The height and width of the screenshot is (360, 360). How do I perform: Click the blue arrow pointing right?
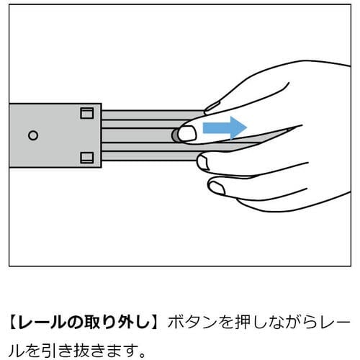225,127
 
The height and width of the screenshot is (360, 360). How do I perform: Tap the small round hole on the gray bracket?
33,135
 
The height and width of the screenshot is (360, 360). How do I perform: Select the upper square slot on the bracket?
86,113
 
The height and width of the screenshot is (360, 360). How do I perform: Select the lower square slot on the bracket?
86,158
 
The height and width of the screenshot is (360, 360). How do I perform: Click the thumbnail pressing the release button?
187,133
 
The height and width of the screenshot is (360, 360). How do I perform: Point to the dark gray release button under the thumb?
175,135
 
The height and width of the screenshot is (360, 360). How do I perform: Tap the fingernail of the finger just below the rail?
203,162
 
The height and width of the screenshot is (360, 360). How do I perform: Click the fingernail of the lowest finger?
217,188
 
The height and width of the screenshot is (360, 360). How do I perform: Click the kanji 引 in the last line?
49,351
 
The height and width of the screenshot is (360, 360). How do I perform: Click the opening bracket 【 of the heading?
13,322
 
